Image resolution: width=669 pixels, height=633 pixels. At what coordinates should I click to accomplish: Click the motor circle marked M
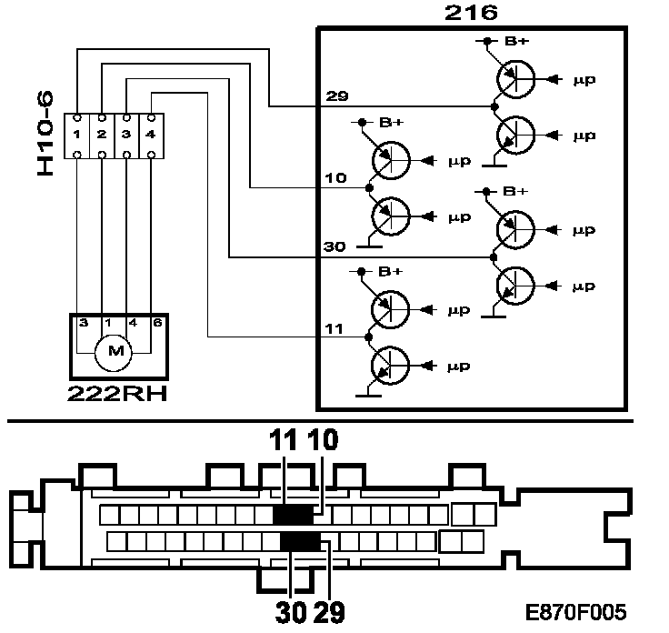[x=114, y=348]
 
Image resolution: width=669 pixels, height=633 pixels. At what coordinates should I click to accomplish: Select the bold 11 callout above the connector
[x=284, y=440]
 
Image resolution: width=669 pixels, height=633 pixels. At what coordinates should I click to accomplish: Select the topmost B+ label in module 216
[x=514, y=41]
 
